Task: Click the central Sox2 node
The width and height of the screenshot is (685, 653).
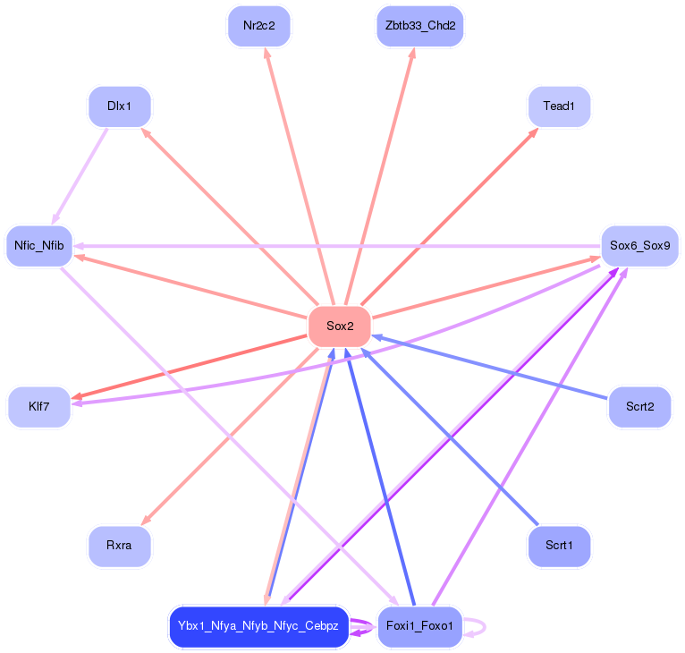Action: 340,326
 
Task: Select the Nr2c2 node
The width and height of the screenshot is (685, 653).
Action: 259,26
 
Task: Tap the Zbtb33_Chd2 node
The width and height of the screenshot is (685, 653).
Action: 420,26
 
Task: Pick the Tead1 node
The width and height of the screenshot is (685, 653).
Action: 559,106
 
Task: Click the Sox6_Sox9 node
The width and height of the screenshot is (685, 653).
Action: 639,245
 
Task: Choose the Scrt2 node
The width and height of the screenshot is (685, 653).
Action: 639,407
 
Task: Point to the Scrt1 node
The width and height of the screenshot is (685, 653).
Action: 559,545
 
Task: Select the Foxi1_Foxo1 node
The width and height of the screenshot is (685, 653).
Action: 420,625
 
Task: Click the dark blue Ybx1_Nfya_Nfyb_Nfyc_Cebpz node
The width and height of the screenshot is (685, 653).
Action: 258,625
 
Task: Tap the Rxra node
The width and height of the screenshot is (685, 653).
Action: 120,545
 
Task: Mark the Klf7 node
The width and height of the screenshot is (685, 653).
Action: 38,407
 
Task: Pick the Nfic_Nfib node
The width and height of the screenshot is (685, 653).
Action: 38,245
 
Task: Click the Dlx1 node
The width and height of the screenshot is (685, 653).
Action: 120,106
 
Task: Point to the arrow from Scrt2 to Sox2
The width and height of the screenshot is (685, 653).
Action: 492,368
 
